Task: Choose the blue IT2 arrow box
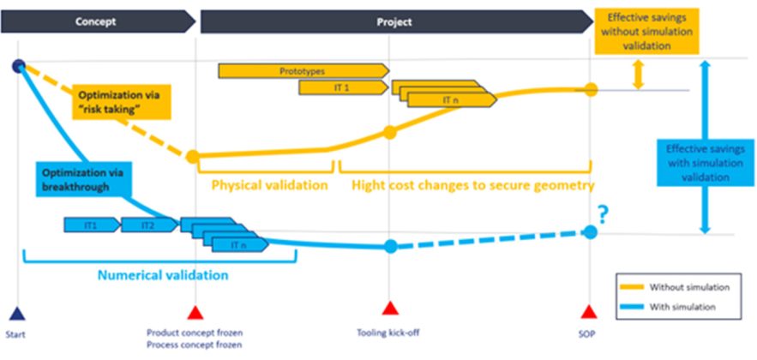tap(148, 225)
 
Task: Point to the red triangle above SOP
tap(588, 311)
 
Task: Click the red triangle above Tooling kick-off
tap(390, 309)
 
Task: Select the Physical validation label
tap(269, 184)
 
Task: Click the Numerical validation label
tap(163, 275)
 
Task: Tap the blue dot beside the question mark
tap(590, 231)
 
